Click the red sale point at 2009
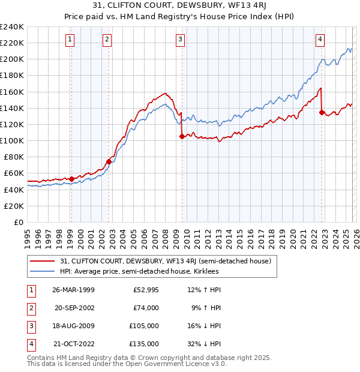(182, 137)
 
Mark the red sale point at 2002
(109, 161)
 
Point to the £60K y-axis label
(14, 173)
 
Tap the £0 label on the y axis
(19, 222)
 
